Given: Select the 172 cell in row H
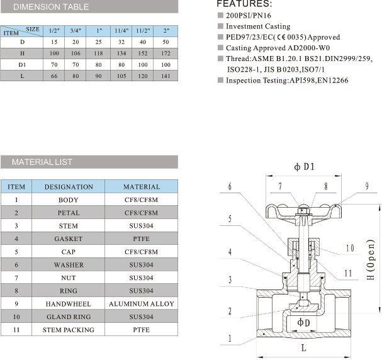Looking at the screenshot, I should (166, 54).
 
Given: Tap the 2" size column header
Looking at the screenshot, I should (166, 31).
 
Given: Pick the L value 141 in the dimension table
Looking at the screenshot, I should (166, 76).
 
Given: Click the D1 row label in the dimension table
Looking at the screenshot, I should (22, 65).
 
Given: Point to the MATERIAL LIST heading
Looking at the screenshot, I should (42, 162).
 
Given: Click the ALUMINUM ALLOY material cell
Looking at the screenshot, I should (141, 304).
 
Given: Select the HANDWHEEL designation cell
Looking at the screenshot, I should (69, 304).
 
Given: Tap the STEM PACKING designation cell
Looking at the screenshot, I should (69, 329).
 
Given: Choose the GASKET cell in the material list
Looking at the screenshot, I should (69, 239).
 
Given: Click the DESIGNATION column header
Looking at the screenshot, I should (69, 187).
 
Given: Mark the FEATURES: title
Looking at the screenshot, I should (244, 4).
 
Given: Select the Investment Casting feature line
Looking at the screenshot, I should (258, 26).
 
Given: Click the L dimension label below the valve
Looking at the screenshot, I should (303, 347).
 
